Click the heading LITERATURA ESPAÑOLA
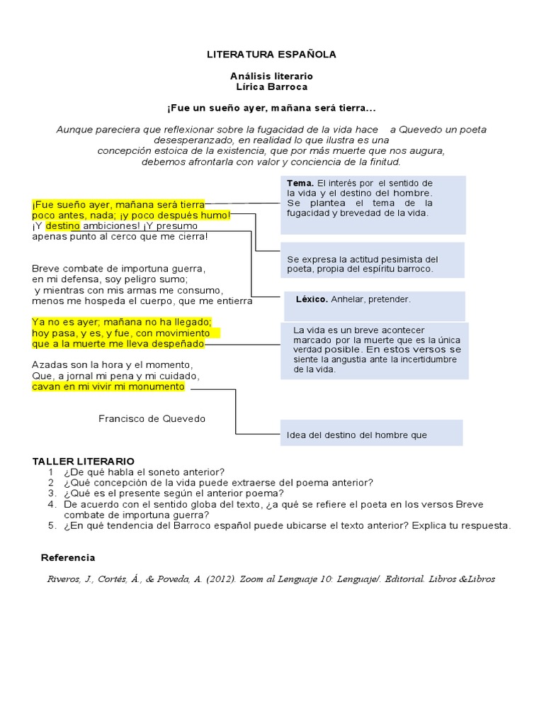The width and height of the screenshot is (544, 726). click(271, 54)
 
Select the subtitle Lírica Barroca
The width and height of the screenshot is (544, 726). click(271, 86)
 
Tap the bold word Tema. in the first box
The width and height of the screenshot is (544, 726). click(300, 184)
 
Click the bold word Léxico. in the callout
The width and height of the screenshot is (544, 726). click(312, 299)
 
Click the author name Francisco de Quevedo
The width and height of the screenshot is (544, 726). click(152, 418)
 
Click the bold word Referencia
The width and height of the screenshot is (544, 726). click(68, 557)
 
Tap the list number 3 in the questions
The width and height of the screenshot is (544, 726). click(52, 493)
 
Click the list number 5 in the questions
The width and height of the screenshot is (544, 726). click(52, 525)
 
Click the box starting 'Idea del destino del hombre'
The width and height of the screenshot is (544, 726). click(371, 433)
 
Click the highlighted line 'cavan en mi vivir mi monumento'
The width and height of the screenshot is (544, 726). click(108, 386)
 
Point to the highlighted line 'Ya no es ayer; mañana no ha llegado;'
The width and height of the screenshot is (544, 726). click(117, 322)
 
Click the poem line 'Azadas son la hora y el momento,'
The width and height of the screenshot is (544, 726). click(112, 364)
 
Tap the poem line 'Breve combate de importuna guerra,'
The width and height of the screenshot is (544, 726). click(118, 269)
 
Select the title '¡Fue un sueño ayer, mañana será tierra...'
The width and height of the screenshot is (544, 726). click(271, 108)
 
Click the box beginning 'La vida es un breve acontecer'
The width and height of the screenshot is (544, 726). click(372, 350)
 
